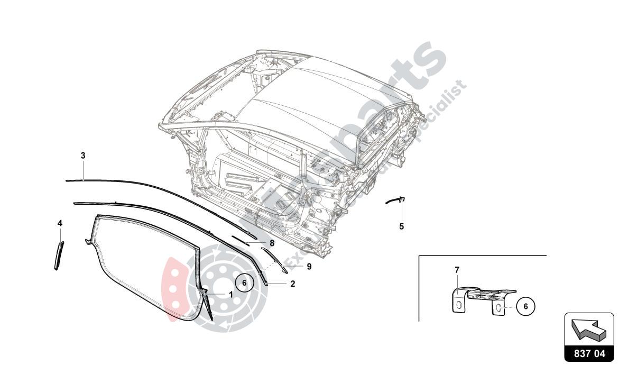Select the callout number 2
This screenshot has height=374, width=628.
click(292, 284)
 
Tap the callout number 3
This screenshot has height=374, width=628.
click(83, 156)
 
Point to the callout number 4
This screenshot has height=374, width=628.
click(60, 223)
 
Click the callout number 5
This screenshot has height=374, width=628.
click(401, 226)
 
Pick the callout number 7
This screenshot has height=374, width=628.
click(457, 270)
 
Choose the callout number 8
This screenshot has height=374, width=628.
click(272, 243)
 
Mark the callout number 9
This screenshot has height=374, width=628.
click(309, 267)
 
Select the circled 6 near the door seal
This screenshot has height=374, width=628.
click(244, 282)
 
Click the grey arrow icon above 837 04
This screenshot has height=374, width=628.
click(588, 329)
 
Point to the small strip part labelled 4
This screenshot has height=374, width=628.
click(58, 256)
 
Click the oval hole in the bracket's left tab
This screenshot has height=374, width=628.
click(459, 305)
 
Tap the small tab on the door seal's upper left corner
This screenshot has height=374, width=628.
click(87, 242)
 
